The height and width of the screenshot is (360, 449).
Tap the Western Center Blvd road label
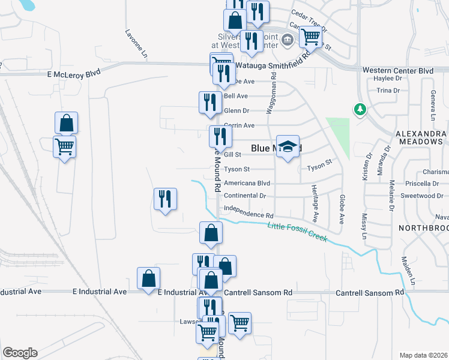pos(398,70)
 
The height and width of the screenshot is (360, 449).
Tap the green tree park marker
pos(360,110)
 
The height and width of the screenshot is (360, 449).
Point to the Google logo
pos(20,353)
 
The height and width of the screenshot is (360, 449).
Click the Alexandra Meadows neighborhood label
pos(420,137)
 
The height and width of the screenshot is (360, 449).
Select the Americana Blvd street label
pos(247,183)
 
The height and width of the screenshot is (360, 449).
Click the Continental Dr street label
pos(244,196)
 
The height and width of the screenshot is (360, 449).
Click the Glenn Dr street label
pos(236,110)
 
